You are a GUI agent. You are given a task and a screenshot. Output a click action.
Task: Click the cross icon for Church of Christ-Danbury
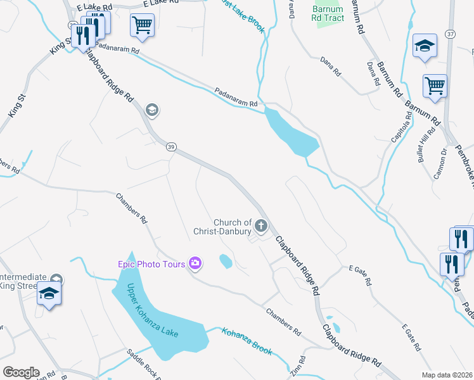point(260,225)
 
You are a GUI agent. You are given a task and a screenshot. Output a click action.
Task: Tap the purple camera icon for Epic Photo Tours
point(195,263)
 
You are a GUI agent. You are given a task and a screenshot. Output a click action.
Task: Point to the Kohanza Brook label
point(247,341)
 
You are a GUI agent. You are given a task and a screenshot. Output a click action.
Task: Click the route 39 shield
point(171,147)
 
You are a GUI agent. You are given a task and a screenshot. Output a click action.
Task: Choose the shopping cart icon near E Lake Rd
point(142,25)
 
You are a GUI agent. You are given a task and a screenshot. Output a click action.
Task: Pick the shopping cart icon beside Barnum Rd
point(435,85)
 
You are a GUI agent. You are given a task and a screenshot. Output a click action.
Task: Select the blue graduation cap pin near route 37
point(425,46)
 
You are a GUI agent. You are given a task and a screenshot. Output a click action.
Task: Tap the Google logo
point(21,372)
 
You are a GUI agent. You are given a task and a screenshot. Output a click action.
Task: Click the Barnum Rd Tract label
point(328,13)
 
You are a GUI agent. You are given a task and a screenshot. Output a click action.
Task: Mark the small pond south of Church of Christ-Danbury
point(225,260)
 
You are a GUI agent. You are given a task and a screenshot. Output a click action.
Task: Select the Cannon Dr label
point(440,163)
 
